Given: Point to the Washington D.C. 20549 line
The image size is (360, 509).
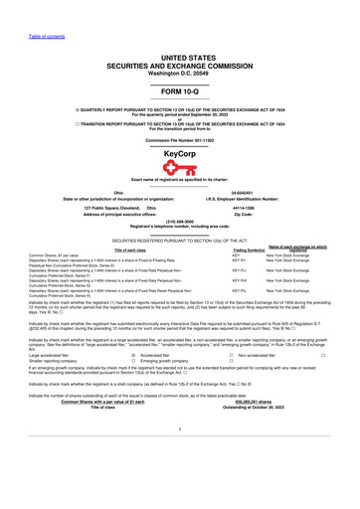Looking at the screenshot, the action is (179, 75).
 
